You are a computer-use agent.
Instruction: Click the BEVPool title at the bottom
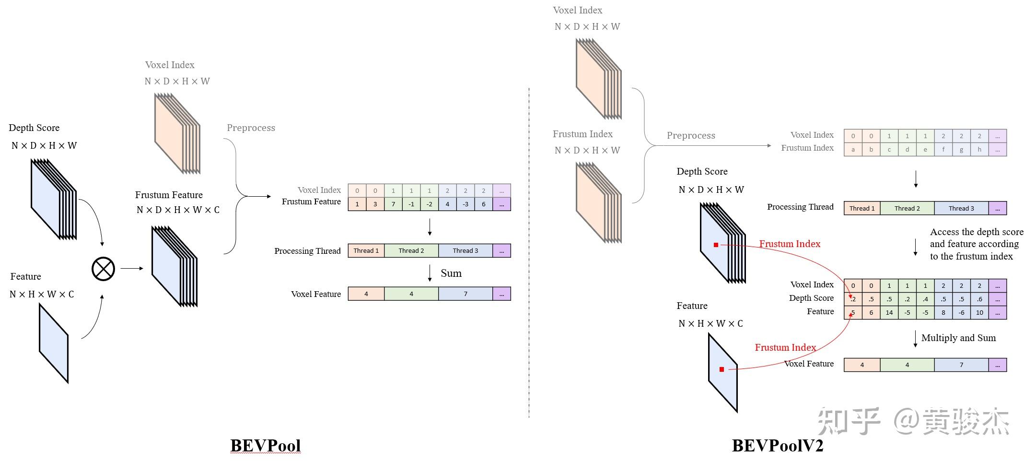pos(265,445)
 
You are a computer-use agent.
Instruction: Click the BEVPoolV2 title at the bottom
pos(777,445)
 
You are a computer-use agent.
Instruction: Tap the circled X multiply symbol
pos(103,269)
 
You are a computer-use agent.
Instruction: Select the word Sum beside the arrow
pos(451,273)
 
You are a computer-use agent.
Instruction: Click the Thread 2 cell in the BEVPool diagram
pos(411,250)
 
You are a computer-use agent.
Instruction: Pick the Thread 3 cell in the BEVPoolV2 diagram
pos(961,208)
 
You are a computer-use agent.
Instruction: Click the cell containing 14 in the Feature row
pos(889,312)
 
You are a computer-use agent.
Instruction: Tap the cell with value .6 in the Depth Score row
pos(979,299)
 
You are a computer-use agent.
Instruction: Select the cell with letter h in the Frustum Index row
pos(979,149)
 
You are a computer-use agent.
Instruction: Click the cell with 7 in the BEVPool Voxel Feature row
pos(465,294)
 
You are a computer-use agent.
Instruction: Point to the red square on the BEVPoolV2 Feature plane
pos(722,369)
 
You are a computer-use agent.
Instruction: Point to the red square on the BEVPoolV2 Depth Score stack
pos(716,245)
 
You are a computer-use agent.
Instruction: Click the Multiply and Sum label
pos(958,338)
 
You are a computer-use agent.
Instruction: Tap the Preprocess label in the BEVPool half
pos(251,128)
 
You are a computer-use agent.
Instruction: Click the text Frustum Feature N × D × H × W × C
pos(176,202)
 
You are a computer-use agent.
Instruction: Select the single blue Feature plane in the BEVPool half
pos(54,344)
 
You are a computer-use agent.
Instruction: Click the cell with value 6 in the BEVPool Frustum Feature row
pos(483,204)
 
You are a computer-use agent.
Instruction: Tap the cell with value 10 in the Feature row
pos(979,312)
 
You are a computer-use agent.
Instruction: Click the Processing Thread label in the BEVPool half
pos(307,251)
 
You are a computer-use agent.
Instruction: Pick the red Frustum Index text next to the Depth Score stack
pos(789,244)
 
